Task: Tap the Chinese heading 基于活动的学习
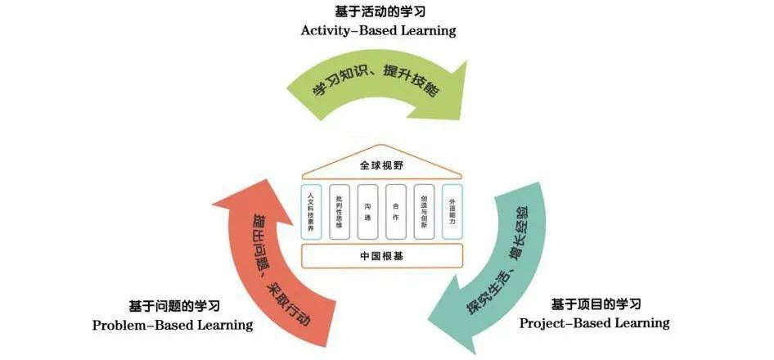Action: tap(379, 11)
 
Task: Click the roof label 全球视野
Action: tap(382, 165)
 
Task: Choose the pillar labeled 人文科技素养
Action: tap(311, 212)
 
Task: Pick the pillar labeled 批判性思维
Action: tap(339, 212)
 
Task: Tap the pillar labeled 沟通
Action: tap(367, 212)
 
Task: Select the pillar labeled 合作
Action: tap(396, 212)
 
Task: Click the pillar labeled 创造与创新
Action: tap(424, 212)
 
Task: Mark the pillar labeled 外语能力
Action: tap(452, 212)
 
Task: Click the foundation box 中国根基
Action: tap(382, 256)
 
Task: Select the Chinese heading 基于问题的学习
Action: tap(174, 306)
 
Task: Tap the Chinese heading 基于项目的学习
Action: tap(596, 304)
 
